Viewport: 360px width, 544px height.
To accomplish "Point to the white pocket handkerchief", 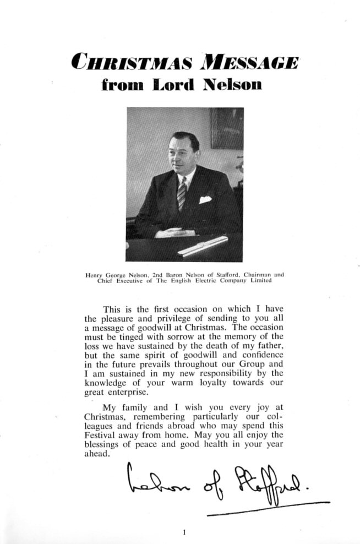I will click(x=205, y=199).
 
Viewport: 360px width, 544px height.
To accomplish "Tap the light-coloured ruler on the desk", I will click(x=203, y=246).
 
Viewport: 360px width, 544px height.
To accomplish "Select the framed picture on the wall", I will click(x=226, y=128).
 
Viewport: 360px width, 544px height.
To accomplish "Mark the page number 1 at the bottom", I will click(x=184, y=532).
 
